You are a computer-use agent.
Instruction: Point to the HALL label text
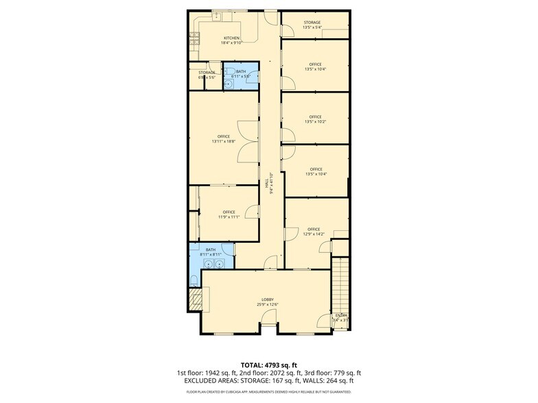coord(267,183)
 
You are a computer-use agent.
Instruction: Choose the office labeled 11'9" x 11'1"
coord(229,215)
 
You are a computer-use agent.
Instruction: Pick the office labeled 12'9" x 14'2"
coord(314,231)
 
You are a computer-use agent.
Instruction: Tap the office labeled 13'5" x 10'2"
coord(315,119)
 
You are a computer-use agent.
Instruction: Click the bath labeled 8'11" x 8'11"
coord(211,252)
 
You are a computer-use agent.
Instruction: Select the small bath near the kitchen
coord(241,73)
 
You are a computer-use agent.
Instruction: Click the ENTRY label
coord(341,317)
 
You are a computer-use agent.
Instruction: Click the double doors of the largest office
coord(245,141)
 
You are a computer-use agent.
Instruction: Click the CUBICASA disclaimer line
coord(269,392)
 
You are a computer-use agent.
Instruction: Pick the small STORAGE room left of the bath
coord(207,75)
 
